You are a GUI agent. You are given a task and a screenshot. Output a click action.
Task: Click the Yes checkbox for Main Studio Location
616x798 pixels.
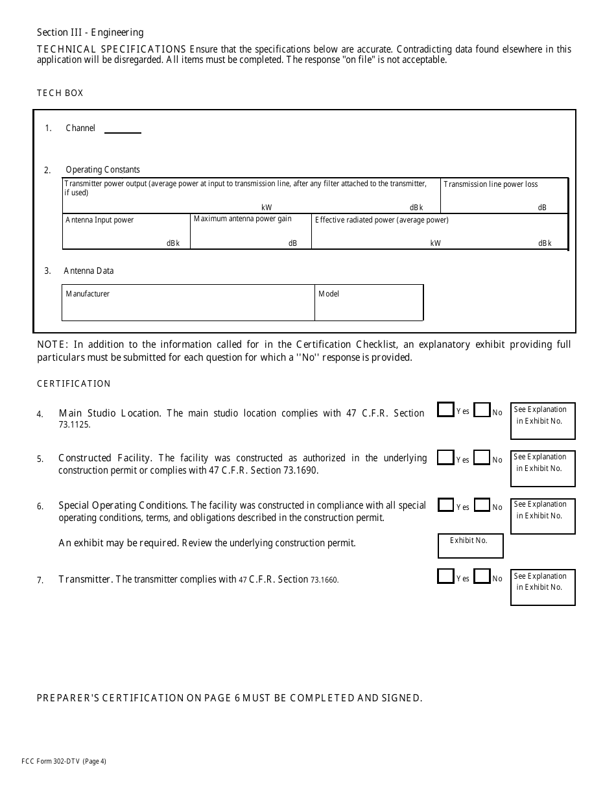445,410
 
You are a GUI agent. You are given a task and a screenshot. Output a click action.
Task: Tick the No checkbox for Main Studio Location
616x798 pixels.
482,411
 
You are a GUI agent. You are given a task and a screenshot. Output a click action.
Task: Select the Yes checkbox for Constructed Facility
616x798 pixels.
445,457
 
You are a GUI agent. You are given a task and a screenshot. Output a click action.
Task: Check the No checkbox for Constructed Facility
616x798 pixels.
482,458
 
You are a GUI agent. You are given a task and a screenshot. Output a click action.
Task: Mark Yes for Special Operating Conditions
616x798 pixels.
445,505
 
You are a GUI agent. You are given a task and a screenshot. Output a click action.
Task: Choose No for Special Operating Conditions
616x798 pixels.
482,505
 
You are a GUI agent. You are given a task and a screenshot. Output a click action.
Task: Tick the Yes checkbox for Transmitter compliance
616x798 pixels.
445,576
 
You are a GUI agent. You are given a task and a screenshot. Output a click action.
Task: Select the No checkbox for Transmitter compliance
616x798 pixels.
482,577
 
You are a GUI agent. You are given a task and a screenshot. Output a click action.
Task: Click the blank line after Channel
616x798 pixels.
123,128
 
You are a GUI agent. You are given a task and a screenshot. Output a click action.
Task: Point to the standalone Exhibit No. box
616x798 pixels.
470,546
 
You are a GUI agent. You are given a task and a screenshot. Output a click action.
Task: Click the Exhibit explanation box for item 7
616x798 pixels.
543,587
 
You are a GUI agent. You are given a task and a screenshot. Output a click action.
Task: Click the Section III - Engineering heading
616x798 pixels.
90,32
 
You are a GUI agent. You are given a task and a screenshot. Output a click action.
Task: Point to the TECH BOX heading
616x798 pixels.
60,93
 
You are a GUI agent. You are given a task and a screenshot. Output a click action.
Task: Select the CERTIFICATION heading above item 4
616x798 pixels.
73,383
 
